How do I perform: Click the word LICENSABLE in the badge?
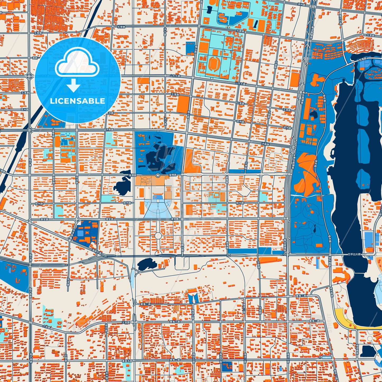(77, 101)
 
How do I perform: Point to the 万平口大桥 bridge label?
(354, 254)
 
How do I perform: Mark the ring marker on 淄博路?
(158, 175)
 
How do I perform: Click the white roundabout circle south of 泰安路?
(158, 235)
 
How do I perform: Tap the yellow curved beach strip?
(344, 319)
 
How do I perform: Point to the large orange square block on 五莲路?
(183, 104)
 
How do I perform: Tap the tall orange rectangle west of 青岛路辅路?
(295, 80)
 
